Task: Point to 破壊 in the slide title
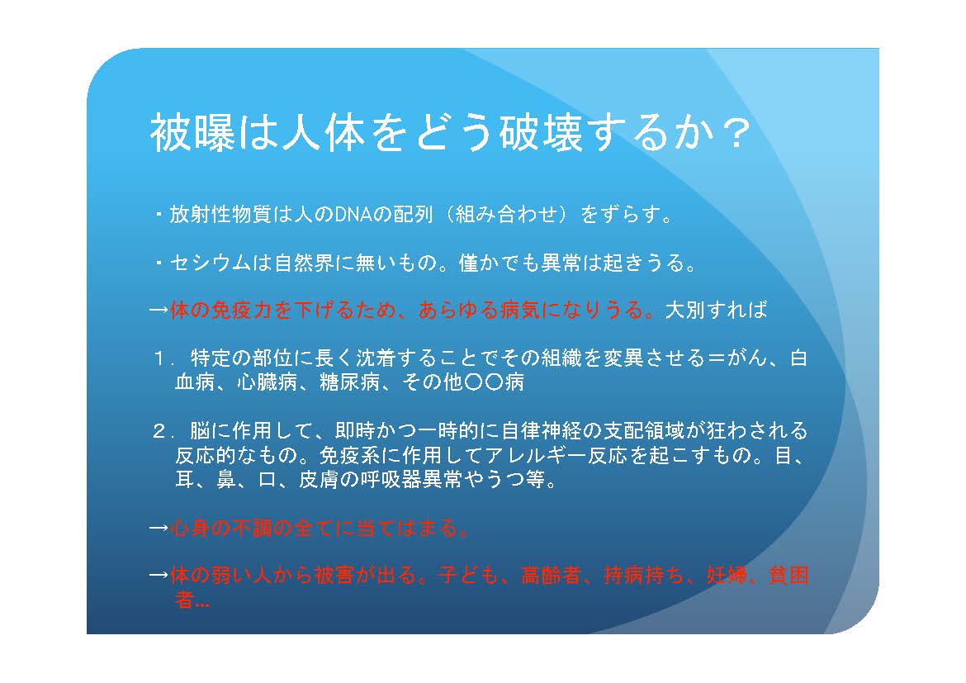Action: pos(541,132)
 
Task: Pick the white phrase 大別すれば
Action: pos(716,310)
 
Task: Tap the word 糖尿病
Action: pos(349,382)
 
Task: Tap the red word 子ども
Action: pos(468,575)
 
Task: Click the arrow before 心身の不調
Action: pos(159,529)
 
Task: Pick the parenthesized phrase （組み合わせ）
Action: pos(506,215)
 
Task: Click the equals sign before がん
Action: pos(716,358)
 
